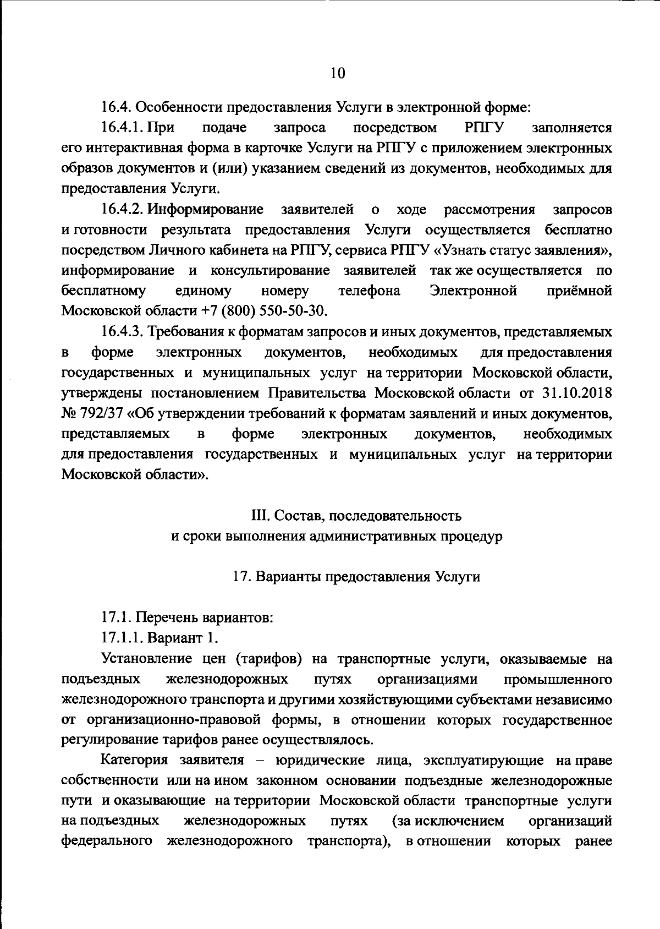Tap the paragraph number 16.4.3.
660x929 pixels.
(122, 332)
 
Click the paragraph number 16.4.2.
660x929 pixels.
(122, 210)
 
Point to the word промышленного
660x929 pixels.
(558, 679)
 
